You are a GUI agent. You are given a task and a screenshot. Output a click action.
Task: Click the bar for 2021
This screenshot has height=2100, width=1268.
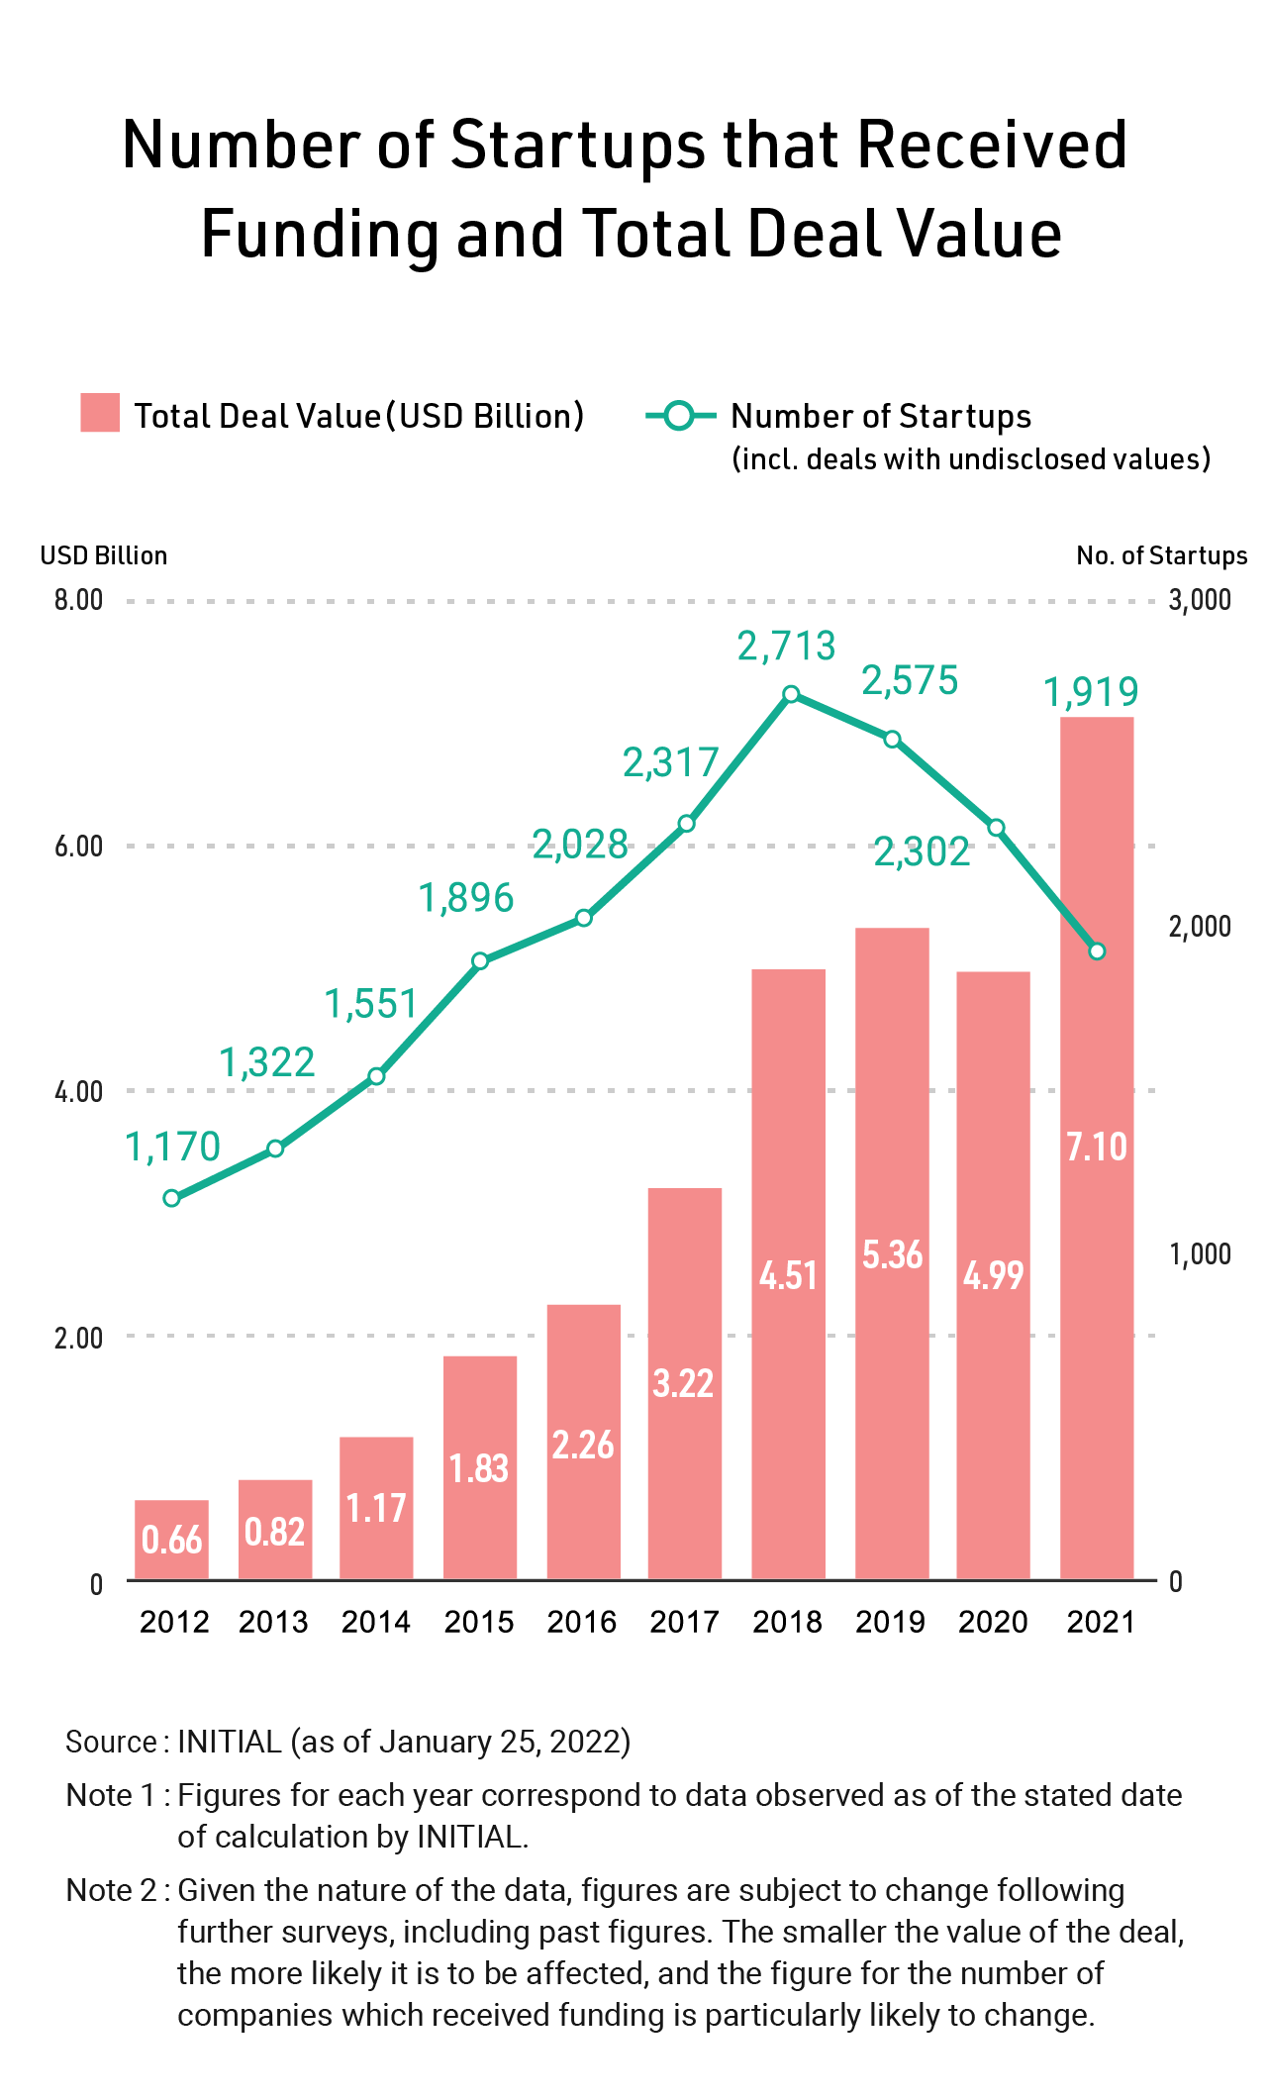click(x=1096, y=1148)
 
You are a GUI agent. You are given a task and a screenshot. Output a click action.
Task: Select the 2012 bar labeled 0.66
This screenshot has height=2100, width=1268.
click(x=171, y=1540)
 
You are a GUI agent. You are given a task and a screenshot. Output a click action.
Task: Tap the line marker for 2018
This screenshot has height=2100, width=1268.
click(x=791, y=694)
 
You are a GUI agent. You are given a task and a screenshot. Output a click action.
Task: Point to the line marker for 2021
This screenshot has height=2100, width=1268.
click(x=1097, y=951)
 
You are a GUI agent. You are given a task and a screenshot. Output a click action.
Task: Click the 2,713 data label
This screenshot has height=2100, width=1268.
click(x=787, y=647)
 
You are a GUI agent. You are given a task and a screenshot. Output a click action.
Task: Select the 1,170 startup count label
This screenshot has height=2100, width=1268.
click(x=172, y=1147)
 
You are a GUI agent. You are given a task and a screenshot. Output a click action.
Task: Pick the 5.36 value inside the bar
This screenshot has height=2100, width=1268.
click(x=892, y=1254)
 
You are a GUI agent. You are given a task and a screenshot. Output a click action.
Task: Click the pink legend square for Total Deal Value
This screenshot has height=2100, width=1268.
click(x=100, y=413)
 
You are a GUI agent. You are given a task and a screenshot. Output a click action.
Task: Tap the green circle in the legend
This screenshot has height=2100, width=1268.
click(x=679, y=416)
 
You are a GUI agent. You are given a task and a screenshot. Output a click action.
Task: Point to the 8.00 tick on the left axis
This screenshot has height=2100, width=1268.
click(x=78, y=600)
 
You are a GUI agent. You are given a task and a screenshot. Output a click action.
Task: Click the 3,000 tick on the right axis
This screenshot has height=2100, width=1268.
click(x=1200, y=600)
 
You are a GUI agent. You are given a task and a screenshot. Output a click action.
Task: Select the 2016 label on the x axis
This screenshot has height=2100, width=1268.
click(x=582, y=1622)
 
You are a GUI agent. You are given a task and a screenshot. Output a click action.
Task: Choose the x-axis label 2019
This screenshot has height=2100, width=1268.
click(x=890, y=1622)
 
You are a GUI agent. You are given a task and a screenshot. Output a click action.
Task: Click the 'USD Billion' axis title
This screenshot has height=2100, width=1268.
click(x=104, y=555)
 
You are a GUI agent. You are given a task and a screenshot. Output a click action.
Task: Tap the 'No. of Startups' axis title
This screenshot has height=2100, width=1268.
click(x=1161, y=555)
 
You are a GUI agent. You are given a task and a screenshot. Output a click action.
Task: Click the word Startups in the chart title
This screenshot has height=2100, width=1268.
click(x=578, y=145)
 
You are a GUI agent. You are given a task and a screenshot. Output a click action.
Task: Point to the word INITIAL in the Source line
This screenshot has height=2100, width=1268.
click(x=230, y=1742)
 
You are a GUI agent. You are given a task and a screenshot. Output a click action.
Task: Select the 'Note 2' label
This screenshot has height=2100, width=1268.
click(x=112, y=1890)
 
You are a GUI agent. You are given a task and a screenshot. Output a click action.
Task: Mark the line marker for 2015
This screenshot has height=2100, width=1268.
click(x=480, y=961)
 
